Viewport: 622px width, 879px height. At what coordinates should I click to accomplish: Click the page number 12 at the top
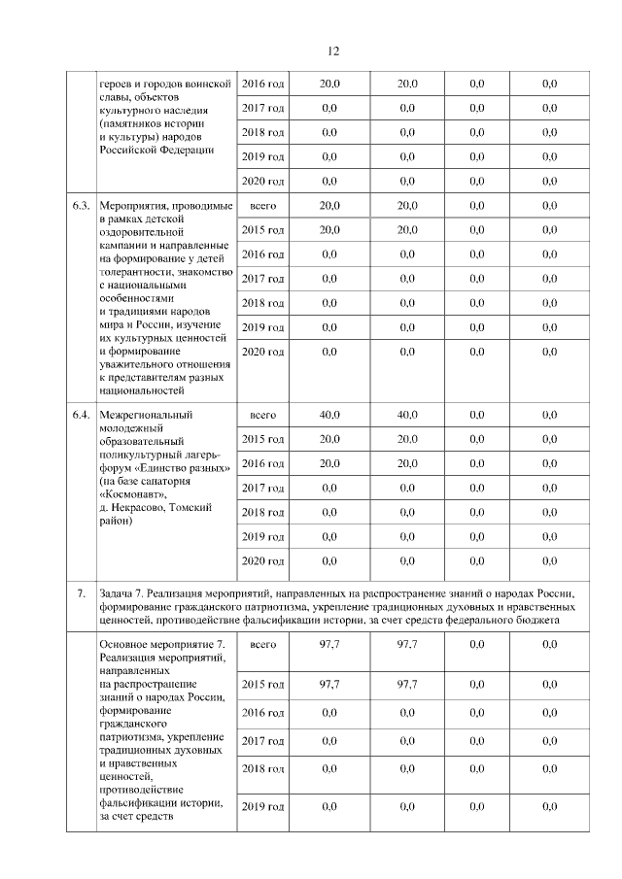pos(332,51)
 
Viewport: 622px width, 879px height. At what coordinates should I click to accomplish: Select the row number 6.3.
pos(82,206)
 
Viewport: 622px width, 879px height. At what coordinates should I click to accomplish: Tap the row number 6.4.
pos(82,416)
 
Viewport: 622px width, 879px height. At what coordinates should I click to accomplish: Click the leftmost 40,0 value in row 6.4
pos(329,416)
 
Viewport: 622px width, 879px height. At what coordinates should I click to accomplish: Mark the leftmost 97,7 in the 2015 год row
pos(329,685)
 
